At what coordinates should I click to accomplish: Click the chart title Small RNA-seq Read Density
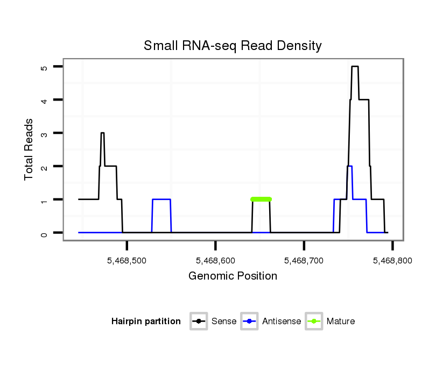(x=233, y=46)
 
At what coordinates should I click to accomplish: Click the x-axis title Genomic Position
(x=233, y=276)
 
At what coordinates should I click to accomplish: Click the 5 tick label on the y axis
(x=44, y=67)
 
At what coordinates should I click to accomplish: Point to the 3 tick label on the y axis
(x=44, y=133)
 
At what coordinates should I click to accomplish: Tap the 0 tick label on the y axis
(x=44, y=233)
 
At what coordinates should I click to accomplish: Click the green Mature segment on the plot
(x=261, y=199)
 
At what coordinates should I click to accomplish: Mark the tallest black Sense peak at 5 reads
(x=355, y=67)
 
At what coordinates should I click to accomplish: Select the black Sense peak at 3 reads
(x=102, y=133)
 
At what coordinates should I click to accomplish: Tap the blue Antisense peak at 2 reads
(x=350, y=166)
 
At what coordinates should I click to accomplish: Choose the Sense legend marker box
(x=199, y=322)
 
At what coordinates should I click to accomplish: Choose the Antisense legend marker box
(x=250, y=322)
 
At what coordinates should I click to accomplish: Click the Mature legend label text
(x=341, y=322)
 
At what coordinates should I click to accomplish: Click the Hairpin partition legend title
(x=146, y=322)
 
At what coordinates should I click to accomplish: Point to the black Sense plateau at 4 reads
(x=363, y=100)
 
